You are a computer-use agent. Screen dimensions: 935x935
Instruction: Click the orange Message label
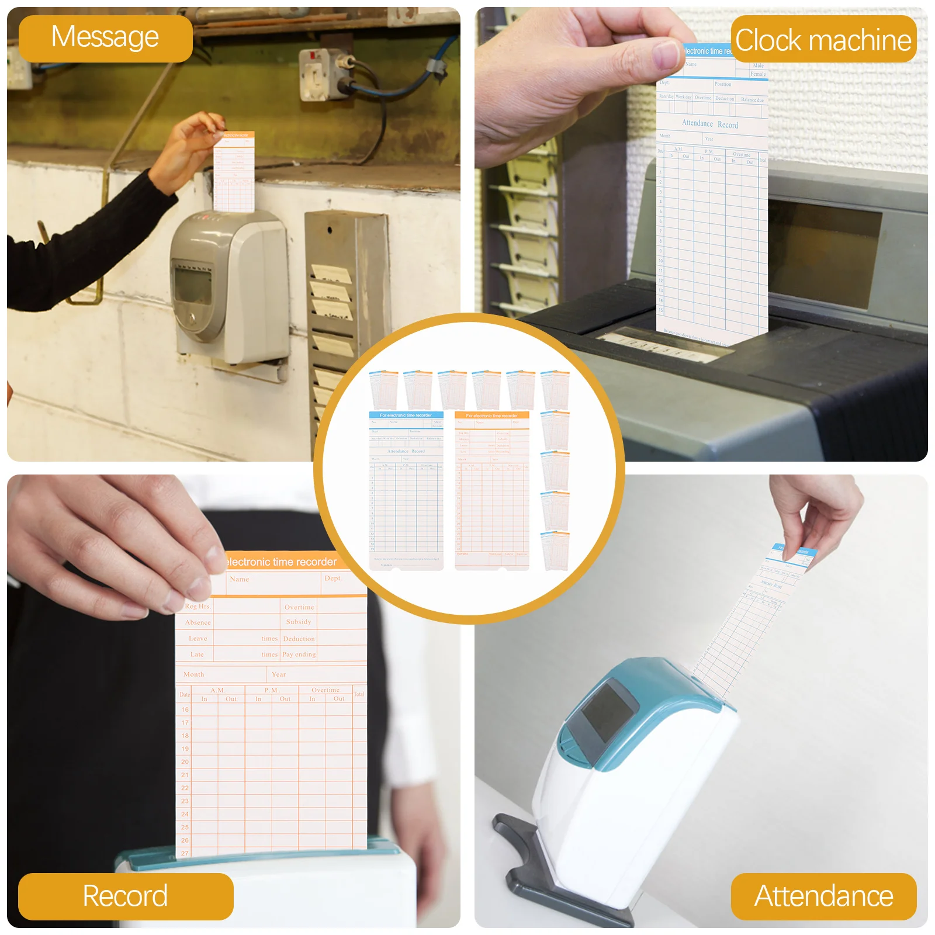[x=105, y=38]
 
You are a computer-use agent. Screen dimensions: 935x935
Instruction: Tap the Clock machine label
[x=823, y=40]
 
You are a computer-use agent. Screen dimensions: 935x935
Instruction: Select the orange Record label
[x=125, y=896]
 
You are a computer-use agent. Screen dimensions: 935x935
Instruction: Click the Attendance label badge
[x=823, y=896]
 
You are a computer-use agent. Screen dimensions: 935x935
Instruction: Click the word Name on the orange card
[x=239, y=579]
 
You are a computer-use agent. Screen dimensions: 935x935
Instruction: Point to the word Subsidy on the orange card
[x=299, y=622]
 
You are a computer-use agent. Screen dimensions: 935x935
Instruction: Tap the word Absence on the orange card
[x=198, y=622]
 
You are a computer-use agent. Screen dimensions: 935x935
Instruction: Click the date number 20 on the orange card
[x=185, y=762]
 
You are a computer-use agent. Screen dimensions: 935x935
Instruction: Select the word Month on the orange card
[x=193, y=674]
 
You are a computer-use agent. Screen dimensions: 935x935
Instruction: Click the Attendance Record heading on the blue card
[x=709, y=124]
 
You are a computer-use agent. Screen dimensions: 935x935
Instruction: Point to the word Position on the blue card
[x=722, y=84]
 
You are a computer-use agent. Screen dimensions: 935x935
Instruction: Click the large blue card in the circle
[x=406, y=491]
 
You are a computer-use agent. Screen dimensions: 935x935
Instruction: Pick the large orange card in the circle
[x=492, y=491]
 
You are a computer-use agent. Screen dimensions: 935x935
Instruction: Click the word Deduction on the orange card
[x=299, y=639]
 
